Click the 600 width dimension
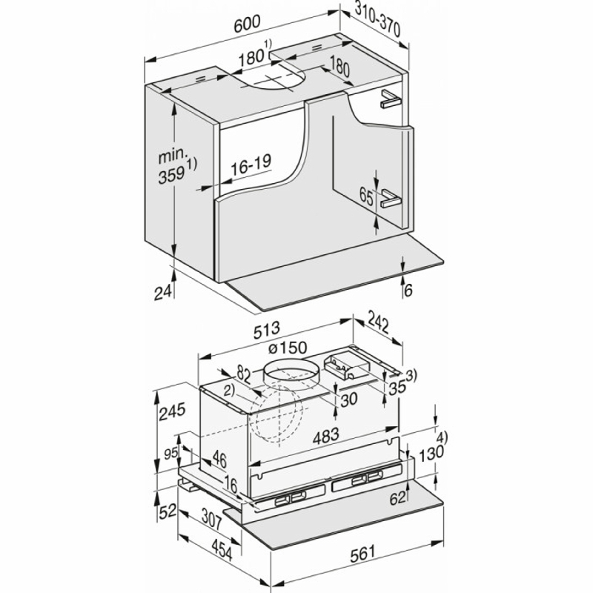(x=247, y=24)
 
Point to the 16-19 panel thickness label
(x=251, y=165)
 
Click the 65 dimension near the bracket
(x=366, y=197)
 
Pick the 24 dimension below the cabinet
(x=163, y=292)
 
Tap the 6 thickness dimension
(x=408, y=290)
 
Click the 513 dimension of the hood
(x=266, y=330)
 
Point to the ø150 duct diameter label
(x=288, y=347)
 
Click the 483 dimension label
(x=325, y=436)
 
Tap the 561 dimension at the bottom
(x=362, y=553)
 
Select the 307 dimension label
(x=211, y=520)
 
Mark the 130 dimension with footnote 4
(x=434, y=448)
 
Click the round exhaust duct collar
(x=291, y=375)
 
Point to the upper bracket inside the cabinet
(x=391, y=99)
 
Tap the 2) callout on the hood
(x=229, y=391)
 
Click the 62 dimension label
(x=397, y=498)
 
